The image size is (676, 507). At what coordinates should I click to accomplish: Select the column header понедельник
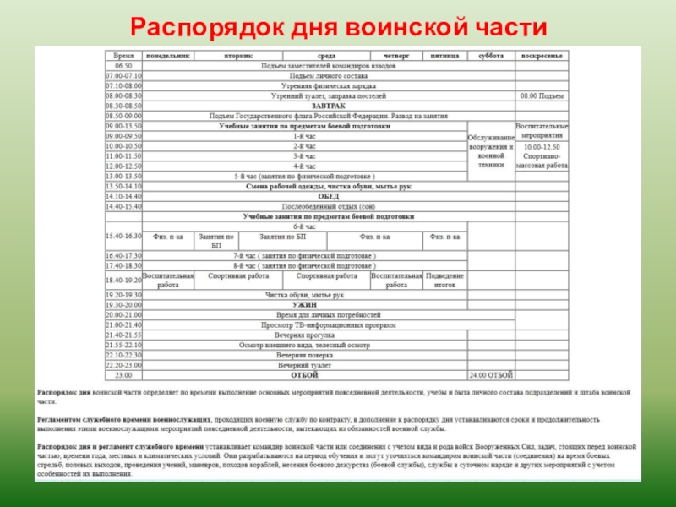[168, 55]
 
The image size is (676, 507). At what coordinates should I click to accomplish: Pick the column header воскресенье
[542, 55]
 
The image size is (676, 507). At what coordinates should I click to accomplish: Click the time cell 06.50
[123, 65]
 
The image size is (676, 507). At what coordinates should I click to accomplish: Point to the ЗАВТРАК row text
[304, 106]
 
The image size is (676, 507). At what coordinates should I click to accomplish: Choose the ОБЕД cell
[304, 195]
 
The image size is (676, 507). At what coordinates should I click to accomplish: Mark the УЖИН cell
[304, 304]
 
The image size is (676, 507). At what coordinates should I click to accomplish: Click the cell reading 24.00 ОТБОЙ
[490, 374]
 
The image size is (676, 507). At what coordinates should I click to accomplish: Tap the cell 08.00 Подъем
[542, 96]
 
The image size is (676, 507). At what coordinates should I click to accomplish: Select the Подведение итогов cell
[444, 281]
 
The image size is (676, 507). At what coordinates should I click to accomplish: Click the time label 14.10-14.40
[123, 195]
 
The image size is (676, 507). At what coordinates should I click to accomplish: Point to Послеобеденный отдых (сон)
[304, 205]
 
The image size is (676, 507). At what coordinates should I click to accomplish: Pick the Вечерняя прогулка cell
[304, 335]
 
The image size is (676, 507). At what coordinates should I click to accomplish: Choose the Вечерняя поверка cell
[304, 355]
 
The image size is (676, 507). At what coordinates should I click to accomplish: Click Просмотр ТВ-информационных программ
[304, 324]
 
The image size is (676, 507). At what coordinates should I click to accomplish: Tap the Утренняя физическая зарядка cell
[304, 85]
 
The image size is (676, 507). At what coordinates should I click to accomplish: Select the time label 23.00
[123, 374]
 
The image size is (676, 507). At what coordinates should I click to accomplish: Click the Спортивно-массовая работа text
[542, 161]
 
